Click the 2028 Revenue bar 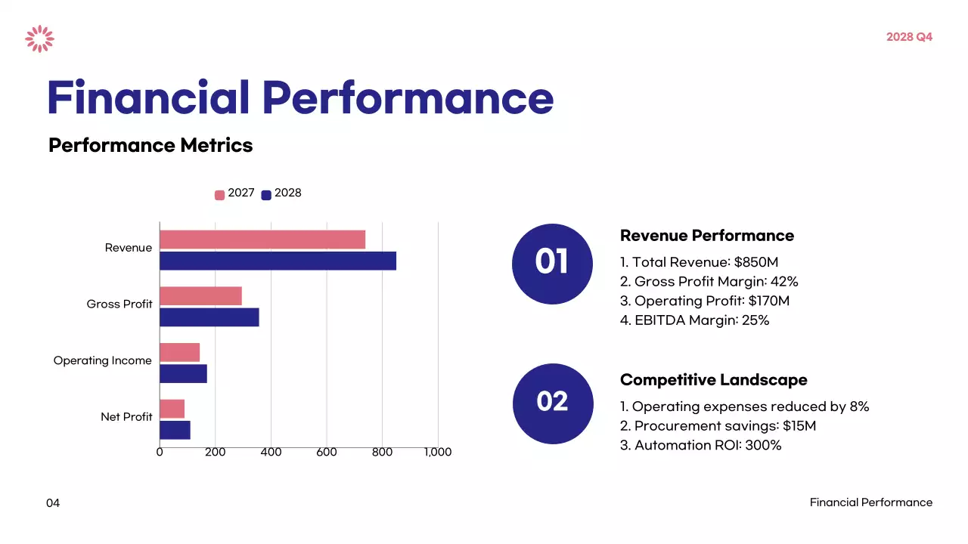pyautogui.click(x=278, y=261)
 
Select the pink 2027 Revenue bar pyautogui.click(x=262, y=240)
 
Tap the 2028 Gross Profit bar pyautogui.click(x=209, y=317)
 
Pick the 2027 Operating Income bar pyautogui.click(x=180, y=352)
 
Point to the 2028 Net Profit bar pyautogui.click(x=175, y=430)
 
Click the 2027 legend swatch pyautogui.click(x=220, y=195)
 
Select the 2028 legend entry pyautogui.click(x=281, y=193)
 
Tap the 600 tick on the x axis pyautogui.click(x=327, y=452)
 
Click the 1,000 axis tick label pyautogui.click(x=437, y=452)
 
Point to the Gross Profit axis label pyautogui.click(x=119, y=304)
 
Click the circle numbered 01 pyautogui.click(x=552, y=264)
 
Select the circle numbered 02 pyautogui.click(x=552, y=402)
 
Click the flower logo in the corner pyautogui.click(x=39, y=39)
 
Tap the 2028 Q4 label pyautogui.click(x=909, y=37)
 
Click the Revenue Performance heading pyautogui.click(x=707, y=236)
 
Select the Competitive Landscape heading pyautogui.click(x=713, y=380)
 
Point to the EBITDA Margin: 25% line pyautogui.click(x=694, y=320)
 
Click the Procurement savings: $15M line pyautogui.click(x=718, y=426)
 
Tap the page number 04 pyautogui.click(x=53, y=503)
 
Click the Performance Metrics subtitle pyautogui.click(x=150, y=145)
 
